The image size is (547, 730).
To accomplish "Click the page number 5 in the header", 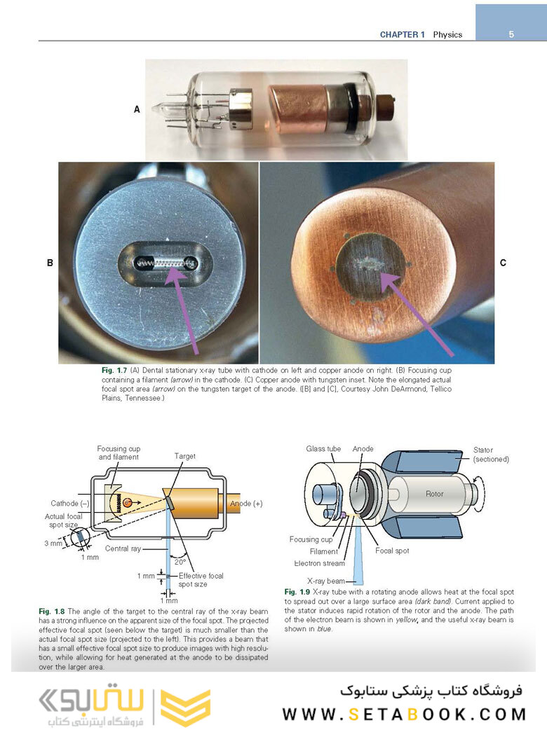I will tap(511, 34).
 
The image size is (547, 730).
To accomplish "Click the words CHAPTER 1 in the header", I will tap(403, 34).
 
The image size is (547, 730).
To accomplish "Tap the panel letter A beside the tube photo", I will tap(137, 109).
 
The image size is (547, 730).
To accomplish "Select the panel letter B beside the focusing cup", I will tap(50, 263).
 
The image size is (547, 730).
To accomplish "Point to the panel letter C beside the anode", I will tap(503, 263).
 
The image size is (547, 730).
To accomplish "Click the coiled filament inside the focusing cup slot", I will tap(168, 263).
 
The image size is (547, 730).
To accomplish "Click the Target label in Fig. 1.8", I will tap(184, 456).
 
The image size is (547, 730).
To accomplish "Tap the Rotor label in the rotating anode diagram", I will tap(435, 494).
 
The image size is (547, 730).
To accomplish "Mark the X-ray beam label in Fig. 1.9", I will tap(327, 581).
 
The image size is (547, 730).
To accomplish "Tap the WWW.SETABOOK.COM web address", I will tap(404, 715).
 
